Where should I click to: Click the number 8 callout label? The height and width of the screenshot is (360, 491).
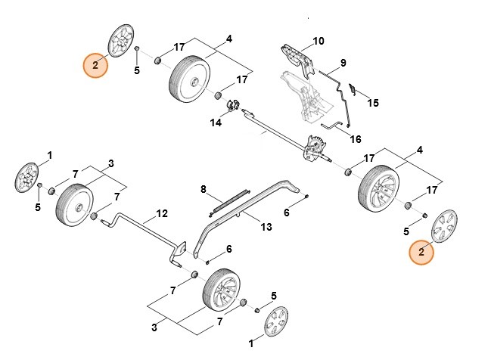pos(203,188)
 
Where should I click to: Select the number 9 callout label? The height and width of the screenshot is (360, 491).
pos(343,62)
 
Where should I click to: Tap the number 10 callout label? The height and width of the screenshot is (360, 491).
pos(318,41)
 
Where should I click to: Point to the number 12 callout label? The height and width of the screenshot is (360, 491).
pos(161,214)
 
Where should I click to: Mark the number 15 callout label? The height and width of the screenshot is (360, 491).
pos(372,102)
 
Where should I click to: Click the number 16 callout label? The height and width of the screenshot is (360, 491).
pos(355,139)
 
